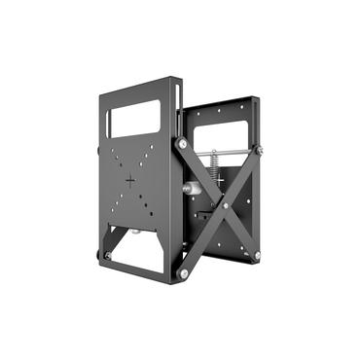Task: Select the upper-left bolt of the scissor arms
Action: (x=182, y=144)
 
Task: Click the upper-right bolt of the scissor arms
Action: (x=259, y=150)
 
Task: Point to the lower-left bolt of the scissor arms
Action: (x=183, y=273)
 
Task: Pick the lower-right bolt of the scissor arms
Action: (x=257, y=255)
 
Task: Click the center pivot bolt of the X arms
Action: (x=223, y=205)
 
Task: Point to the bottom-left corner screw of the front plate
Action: (x=106, y=255)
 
